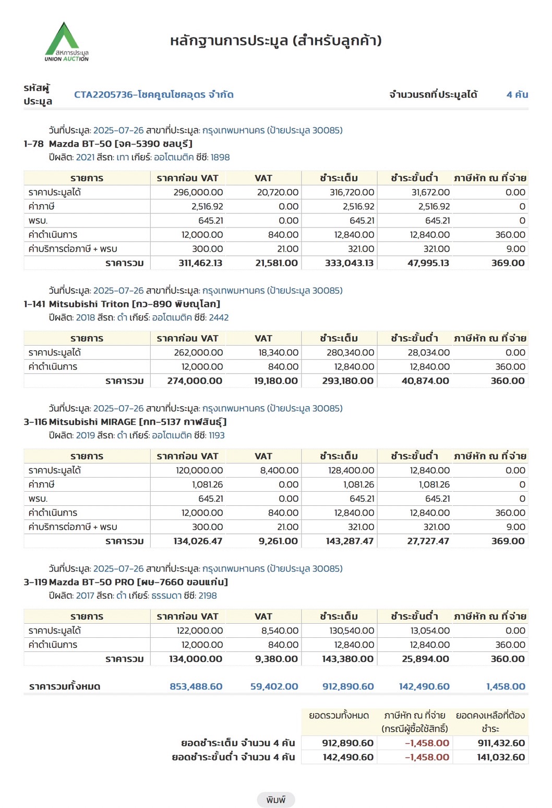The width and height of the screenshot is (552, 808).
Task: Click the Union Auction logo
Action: (66, 42)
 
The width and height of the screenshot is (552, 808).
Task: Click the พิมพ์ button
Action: (275, 800)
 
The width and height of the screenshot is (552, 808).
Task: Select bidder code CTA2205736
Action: (153, 94)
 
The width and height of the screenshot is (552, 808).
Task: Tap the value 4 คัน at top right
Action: (517, 94)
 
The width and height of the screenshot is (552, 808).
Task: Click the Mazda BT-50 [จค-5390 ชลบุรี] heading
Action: (121, 144)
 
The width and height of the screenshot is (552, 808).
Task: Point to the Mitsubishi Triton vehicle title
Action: (134, 304)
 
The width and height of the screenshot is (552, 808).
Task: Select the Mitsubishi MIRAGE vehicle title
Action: (137, 422)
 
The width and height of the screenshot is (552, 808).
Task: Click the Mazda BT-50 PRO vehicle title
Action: (138, 582)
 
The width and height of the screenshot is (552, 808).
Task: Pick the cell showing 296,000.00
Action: (198, 192)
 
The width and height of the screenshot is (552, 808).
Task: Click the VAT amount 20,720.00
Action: (278, 192)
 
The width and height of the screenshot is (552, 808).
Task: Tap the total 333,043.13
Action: (349, 263)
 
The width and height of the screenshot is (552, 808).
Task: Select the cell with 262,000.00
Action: (198, 352)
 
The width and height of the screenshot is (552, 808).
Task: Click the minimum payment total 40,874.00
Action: (425, 381)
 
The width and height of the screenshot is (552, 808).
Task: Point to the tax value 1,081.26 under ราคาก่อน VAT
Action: (207, 484)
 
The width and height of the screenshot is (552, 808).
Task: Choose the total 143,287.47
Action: (350, 541)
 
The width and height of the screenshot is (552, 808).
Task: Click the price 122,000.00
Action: (199, 631)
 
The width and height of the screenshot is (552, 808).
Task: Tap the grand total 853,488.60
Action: (196, 686)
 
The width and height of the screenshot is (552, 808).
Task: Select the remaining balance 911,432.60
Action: (501, 743)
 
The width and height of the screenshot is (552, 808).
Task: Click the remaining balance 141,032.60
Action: (501, 757)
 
